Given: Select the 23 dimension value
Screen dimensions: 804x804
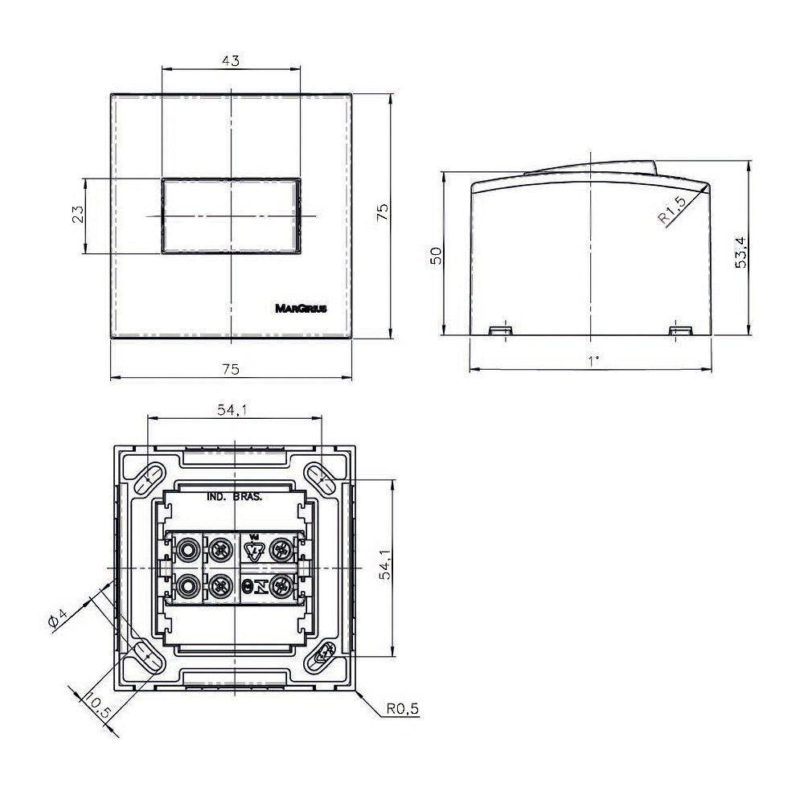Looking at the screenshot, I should [78, 215].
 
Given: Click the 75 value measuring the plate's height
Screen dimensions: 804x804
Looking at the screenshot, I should [383, 212].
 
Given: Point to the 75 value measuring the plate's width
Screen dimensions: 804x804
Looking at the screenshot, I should [230, 369].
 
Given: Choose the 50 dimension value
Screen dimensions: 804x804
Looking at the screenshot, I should [436, 256].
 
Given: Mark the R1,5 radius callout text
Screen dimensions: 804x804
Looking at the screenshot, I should [671, 211].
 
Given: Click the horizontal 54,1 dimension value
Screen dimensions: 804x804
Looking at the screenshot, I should [231, 411].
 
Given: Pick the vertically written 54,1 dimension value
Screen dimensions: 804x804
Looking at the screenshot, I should [385, 565].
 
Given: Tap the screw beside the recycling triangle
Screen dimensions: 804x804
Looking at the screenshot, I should [281, 550].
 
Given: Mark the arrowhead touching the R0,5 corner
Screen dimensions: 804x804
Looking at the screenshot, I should [359, 696].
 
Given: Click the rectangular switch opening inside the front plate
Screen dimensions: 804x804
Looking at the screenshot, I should [231, 216].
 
